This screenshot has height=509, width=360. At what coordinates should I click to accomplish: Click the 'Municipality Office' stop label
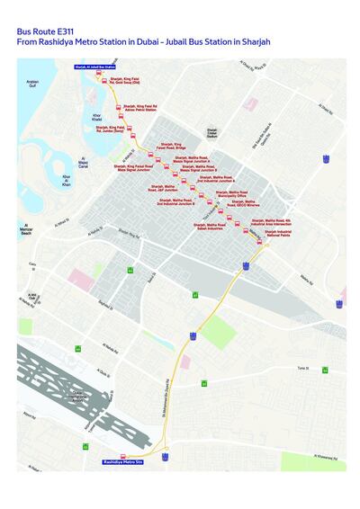(231, 193)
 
